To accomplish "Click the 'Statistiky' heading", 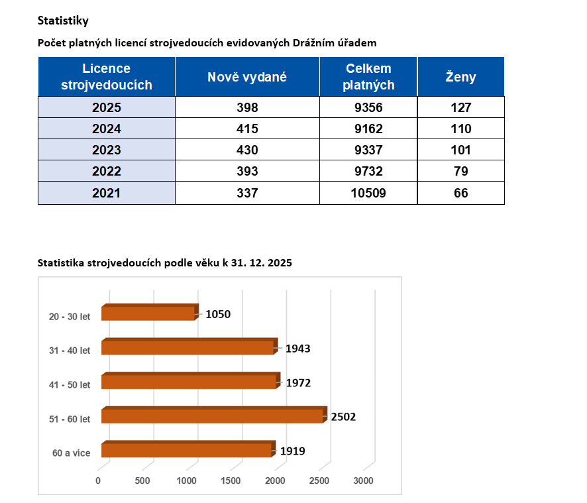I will (x=63, y=21).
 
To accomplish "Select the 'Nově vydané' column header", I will (x=247, y=77).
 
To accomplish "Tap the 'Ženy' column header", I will (x=460, y=77).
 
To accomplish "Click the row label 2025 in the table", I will (x=107, y=107).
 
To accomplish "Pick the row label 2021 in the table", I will (x=107, y=193).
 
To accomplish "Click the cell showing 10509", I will (x=368, y=193).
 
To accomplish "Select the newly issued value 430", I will (x=247, y=150).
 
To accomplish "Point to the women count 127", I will (x=460, y=107).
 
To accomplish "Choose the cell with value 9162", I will (x=368, y=129).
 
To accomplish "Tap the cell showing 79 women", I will (x=460, y=172).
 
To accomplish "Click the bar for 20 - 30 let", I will (x=149, y=313).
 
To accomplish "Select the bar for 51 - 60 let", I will (x=212, y=416).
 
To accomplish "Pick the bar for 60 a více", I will (x=187, y=451).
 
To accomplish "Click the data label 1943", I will (x=298, y=349).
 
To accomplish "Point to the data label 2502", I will (x=345, y=417).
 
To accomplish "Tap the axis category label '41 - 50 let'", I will (x=70, y=384).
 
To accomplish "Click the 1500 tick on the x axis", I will (x=231, y=480).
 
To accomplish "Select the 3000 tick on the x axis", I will (x=363, y=480).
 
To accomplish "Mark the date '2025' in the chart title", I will (x=280, y=263).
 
